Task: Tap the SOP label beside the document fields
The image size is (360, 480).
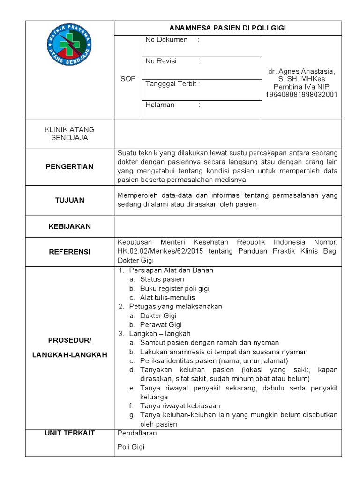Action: click(x=127, y=79)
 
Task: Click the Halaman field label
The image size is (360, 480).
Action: click(x=160, y=105)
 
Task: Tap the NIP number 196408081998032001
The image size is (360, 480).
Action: click(x=301, y=95)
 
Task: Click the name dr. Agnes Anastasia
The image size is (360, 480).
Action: click(x=301, y=71)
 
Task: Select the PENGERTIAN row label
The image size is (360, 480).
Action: click(x=69, y=166)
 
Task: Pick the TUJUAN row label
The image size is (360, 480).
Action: click(x=69, y=200)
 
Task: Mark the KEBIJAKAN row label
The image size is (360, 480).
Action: click(x=69, y=226)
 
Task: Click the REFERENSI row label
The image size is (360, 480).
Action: click(x=69, y=252)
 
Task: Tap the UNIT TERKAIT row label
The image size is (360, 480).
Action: click(x=69, y=433)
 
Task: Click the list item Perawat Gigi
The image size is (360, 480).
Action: click(x=161, y=324)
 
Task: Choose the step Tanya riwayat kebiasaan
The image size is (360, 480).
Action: click(x=180, y=406)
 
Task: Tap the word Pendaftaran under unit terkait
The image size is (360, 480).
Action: click(x=137, y=433)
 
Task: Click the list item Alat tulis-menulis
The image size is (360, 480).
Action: click(x=167, y=297)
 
